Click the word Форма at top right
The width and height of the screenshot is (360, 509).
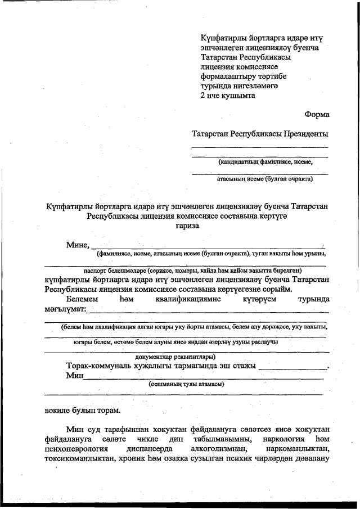point(317,114)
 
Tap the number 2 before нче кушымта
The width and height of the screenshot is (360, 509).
point(203,96)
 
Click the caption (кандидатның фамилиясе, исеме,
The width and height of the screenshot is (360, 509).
point(265,161)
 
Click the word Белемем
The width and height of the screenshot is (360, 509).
point(82,299)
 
